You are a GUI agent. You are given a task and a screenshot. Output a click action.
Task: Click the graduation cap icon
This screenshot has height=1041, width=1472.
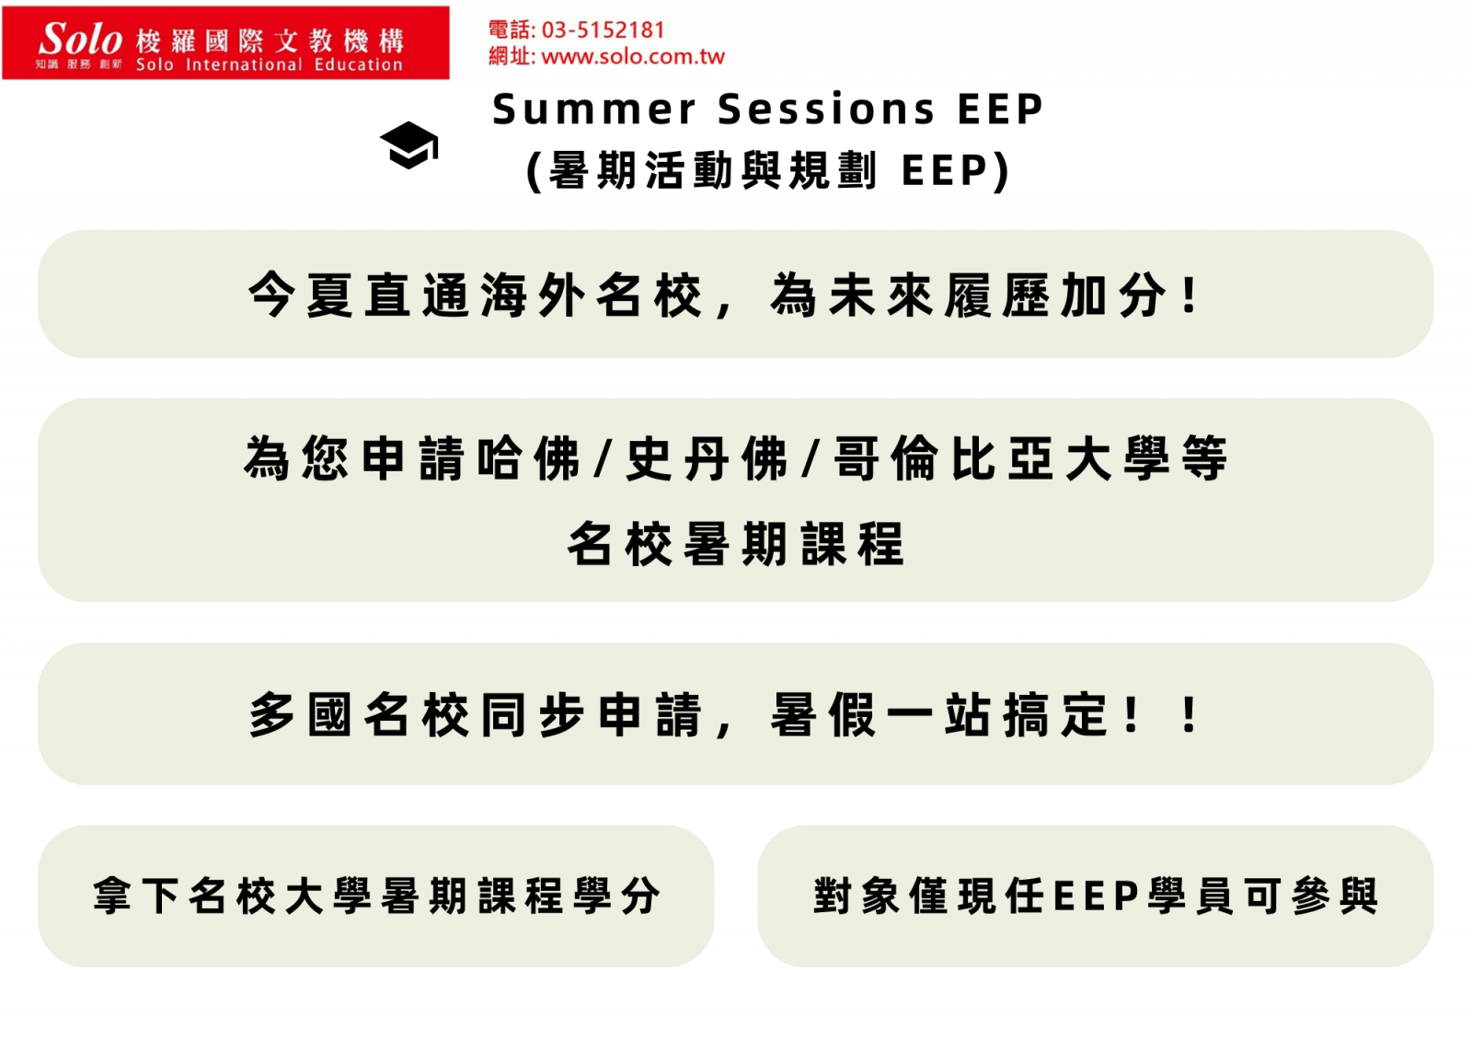coord(408,145)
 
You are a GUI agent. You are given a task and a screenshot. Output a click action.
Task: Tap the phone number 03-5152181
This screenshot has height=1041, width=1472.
coord(603,29)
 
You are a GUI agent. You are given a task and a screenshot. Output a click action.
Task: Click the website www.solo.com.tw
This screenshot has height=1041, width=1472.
coord(633,56)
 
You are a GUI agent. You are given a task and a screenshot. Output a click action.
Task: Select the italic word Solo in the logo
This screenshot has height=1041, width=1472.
coord(81,39)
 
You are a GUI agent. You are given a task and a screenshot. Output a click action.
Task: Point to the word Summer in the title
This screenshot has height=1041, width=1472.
coord(594,109)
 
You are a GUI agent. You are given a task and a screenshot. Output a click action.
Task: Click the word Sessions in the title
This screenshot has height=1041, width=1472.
coord(826,109)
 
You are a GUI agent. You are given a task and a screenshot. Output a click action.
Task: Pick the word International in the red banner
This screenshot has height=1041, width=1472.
coord(244,64)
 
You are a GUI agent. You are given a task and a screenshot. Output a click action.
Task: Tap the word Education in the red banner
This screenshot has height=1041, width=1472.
coord(358,64)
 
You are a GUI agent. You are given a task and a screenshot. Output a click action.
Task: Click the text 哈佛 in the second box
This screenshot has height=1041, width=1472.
coord(529,457)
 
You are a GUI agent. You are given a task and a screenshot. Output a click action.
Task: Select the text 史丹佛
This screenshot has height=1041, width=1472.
coord(707,457)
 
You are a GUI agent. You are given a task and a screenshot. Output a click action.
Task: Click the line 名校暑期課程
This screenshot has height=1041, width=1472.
coord(736,543)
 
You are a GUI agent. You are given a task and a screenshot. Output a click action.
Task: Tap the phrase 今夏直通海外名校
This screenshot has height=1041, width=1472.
coord(475,295)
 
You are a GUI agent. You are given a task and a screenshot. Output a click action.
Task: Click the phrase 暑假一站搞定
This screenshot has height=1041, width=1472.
coord(939,714)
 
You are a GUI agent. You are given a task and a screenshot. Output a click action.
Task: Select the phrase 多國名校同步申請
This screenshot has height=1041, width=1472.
coord(475,714)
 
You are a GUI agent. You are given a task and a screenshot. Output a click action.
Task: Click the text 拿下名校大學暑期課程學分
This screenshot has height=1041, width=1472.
coord(376,895)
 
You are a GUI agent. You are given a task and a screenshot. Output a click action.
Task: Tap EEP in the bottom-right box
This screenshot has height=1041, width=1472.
coord(1096,895)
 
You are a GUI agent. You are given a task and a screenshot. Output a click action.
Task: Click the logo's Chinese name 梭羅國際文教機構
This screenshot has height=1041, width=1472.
coord(270,40)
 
